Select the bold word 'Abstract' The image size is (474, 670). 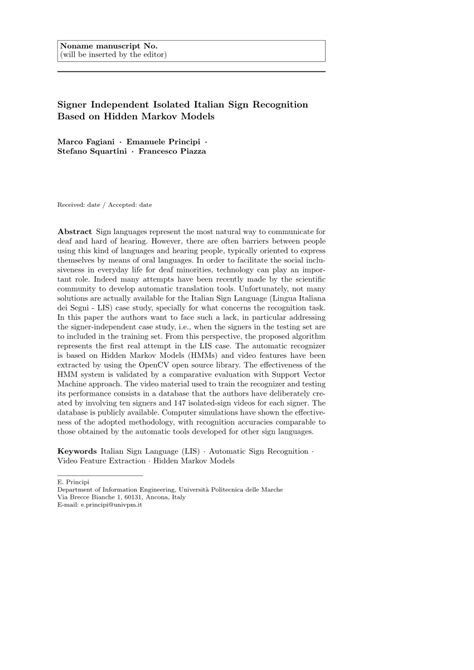[78, 229]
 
